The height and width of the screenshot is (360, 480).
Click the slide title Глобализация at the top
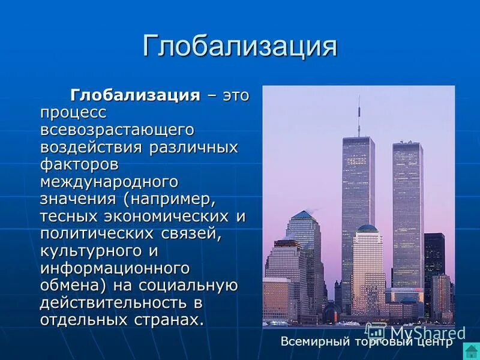tap(240, 46)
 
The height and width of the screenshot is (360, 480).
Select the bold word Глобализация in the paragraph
tap(135, 95)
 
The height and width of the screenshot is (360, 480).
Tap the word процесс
tap(73, 112)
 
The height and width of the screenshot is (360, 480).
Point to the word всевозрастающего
tap(117, 130)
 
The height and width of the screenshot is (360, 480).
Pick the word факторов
tap(79, 164)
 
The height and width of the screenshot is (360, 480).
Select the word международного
tap(110, 181)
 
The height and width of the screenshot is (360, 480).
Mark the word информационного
tap(115, 268)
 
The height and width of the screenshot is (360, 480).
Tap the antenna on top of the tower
tap(359, 117)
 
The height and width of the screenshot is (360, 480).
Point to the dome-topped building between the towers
tap(367, 264)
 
